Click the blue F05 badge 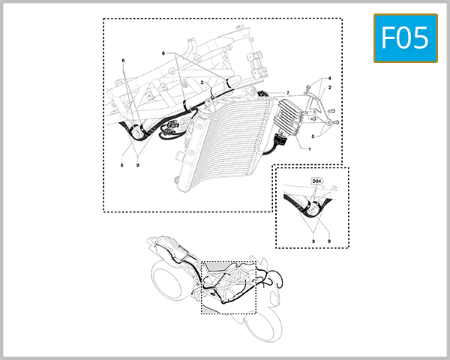405,37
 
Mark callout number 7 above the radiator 287,91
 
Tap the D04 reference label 316,181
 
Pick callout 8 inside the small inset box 314,241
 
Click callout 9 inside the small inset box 329,241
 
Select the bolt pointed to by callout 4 307,91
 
